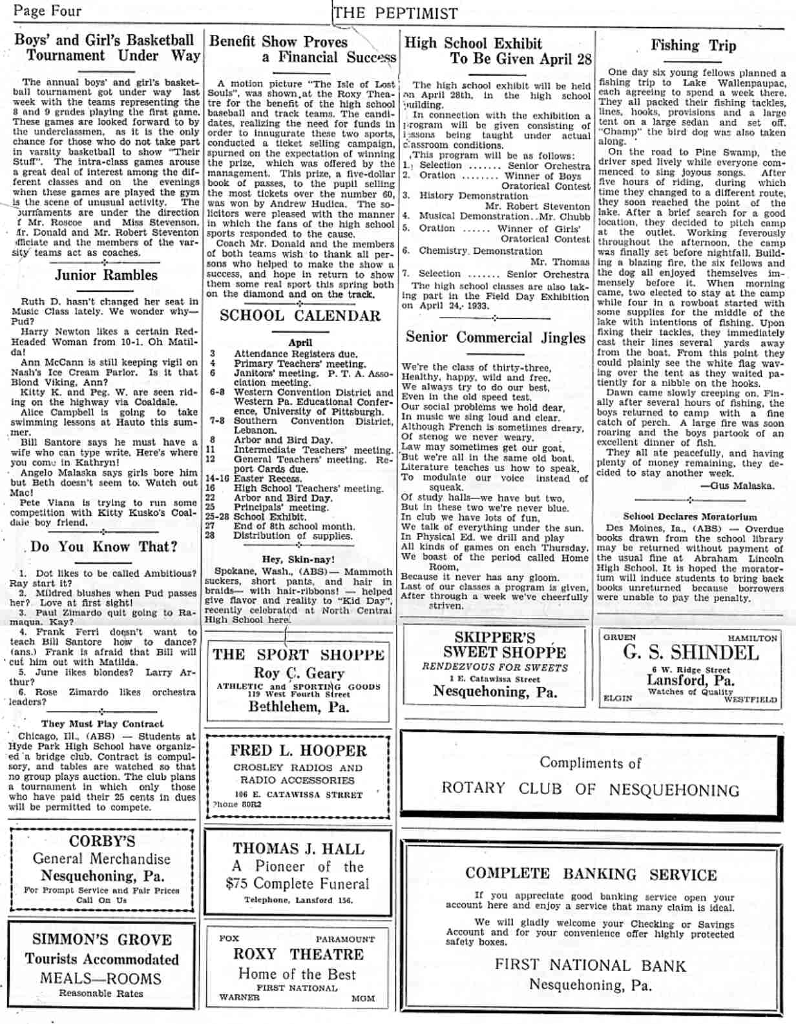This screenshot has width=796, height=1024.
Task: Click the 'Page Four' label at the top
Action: pos(47,11)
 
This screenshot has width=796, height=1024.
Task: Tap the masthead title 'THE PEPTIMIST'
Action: pos(396,13)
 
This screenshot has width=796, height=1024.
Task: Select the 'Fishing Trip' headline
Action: pos(693,45)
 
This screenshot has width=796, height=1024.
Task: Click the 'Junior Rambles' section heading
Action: pos(106,275)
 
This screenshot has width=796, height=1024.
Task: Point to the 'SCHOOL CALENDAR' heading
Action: pos(300,316)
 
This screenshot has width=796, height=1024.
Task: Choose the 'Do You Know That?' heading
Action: pos(103,547)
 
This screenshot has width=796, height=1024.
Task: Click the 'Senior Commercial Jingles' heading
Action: pos(495,337)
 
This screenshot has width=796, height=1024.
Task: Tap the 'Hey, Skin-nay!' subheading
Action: pos(298,559)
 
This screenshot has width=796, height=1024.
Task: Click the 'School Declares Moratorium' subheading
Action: pos(689,517)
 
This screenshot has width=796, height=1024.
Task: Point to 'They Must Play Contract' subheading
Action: pos(102,724)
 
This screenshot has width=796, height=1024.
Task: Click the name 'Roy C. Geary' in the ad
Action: pos(298,673)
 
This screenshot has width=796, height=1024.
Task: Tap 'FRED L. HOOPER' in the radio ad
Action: pos(298,751)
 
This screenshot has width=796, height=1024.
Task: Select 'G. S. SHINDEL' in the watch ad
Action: pos(690,652)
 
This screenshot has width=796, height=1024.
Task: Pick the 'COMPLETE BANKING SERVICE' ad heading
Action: pos(591,874)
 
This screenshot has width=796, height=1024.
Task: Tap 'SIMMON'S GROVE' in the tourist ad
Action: pos(102,939)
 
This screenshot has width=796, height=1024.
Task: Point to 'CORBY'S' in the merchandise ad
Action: pos(102,841)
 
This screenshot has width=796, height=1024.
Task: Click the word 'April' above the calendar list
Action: pos(300,343)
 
